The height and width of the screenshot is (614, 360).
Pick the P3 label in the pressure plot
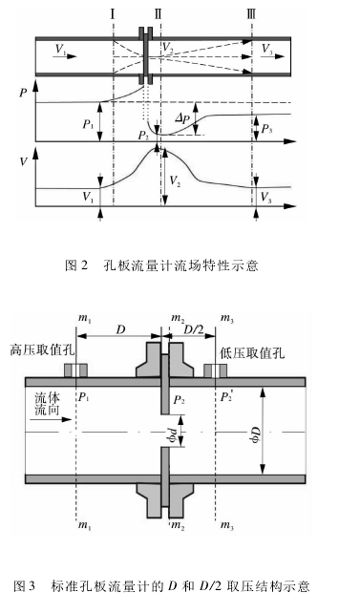click(266, 128)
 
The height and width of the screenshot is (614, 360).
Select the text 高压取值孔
click(34, 349)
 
